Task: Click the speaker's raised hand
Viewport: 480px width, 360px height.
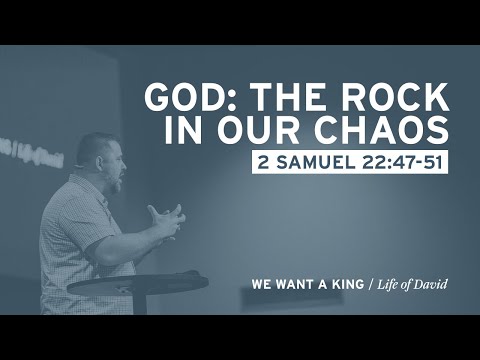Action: [165, 220]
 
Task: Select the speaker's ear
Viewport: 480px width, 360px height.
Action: [99, 163]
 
